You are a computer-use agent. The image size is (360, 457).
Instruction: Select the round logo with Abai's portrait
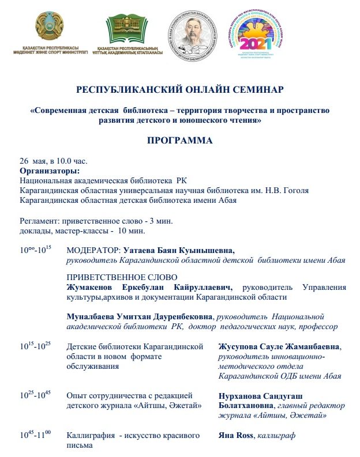tap(193, 31)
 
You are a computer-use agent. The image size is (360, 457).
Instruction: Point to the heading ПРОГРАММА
tap(179, 140)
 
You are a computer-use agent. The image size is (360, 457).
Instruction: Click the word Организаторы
tap(50, 171)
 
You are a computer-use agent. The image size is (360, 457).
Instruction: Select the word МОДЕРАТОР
tap(93, 251)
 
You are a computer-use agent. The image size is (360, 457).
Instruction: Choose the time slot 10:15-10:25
tap(36, 346)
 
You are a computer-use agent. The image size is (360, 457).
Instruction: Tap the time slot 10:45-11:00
tap(36, 436)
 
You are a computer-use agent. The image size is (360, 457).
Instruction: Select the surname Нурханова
tap(242, 396)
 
